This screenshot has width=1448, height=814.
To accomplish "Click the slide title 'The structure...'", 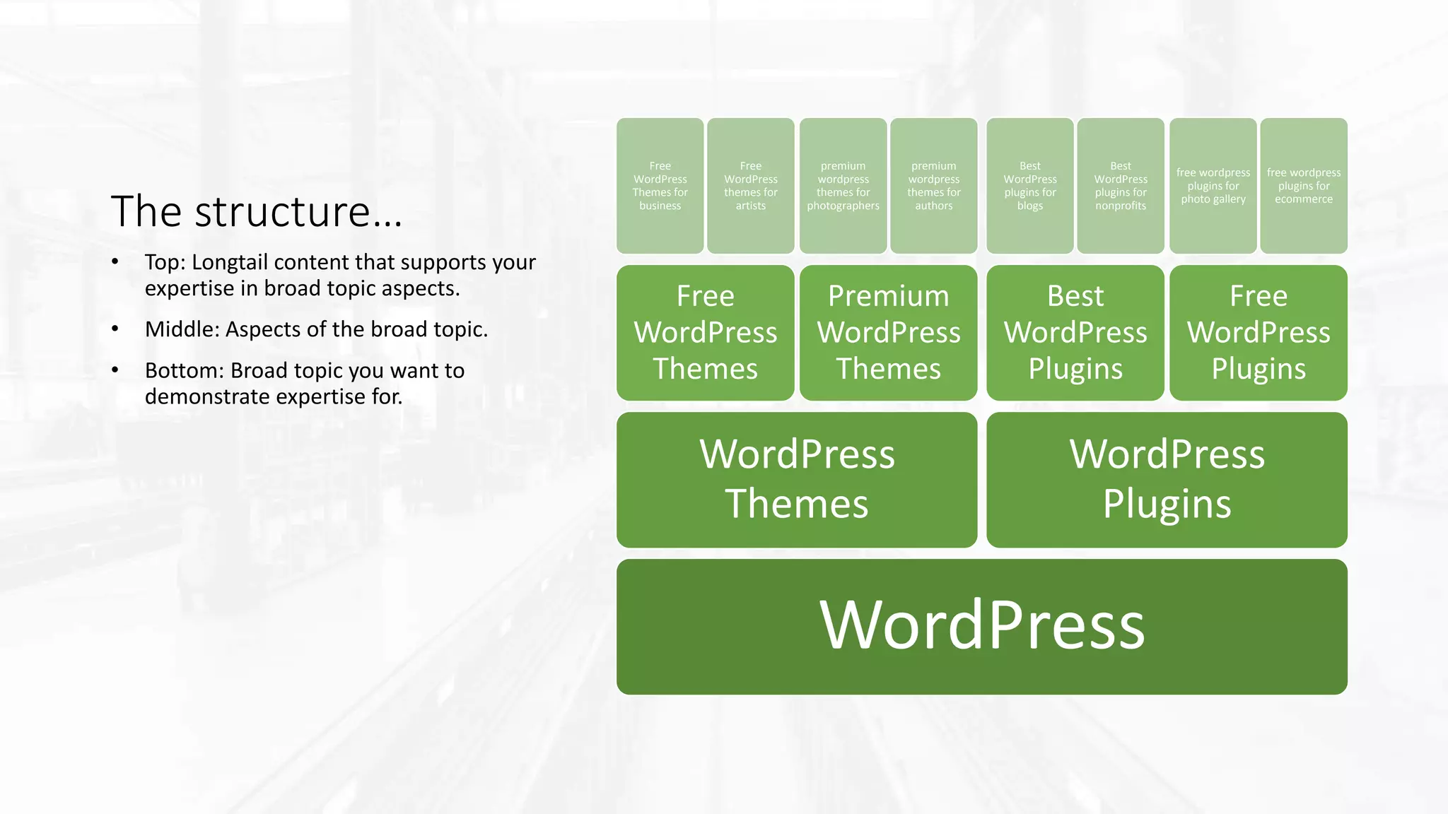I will click(256, 211).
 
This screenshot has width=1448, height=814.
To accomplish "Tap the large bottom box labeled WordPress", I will click(981, 626).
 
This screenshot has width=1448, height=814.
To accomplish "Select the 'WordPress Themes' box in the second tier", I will click(797, 479).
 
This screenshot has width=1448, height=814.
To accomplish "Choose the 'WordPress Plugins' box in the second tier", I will click(1167, 479).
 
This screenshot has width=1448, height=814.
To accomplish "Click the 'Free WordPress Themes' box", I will click(705, 332).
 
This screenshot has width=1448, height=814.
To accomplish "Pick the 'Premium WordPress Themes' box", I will click(888, 332).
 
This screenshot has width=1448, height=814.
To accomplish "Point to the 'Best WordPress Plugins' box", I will click(1075, 332).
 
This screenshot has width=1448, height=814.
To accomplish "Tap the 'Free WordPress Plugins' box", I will click(1258, 332).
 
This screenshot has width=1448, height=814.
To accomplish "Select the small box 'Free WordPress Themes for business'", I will click(660, 185).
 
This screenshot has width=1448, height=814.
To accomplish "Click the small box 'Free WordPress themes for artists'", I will click(750, 185).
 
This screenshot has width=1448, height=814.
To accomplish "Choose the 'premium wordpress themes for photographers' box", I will click(843, 185).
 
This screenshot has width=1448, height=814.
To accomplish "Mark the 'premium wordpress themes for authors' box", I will click(933, 185).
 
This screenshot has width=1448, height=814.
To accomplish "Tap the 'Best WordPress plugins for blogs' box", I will click(1029, 185).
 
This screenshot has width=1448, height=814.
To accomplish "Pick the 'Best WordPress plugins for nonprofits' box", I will click(1120, 185).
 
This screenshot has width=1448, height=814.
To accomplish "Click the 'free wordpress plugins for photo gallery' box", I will click(1213, 185).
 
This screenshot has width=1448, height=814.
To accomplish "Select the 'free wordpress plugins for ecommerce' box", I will click(1303, 185).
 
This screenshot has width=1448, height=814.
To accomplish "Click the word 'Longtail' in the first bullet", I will click(230, 263).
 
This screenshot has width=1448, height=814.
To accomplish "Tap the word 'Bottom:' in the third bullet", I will click(185, 371).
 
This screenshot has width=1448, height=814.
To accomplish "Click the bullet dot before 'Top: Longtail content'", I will click(115, 262).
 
